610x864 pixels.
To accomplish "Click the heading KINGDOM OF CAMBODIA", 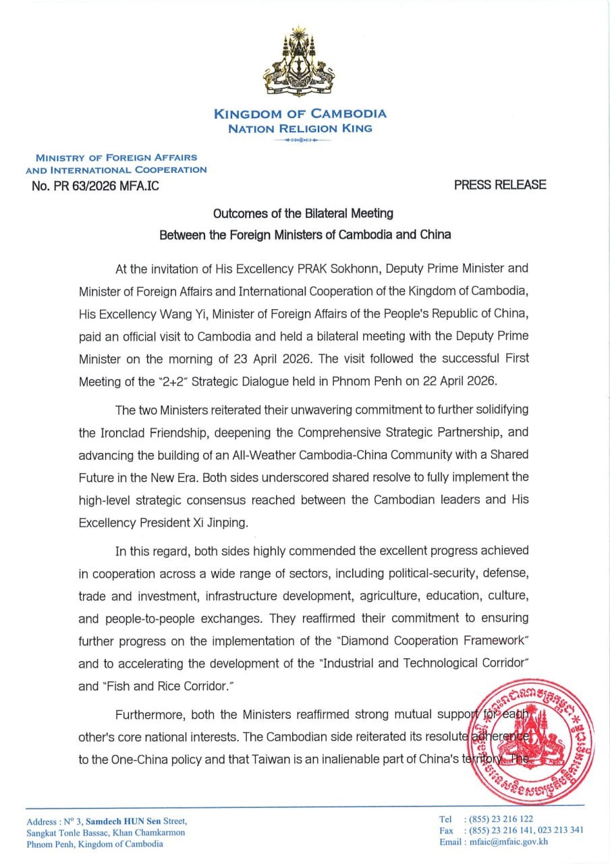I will pos(300,114).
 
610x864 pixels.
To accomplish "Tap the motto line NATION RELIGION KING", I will pos(300,128).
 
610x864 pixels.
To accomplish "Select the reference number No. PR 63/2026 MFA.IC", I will pos(95,186).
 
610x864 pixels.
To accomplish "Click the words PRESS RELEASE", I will pos(500,185).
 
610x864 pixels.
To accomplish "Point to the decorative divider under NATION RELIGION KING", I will pos(300,140).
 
